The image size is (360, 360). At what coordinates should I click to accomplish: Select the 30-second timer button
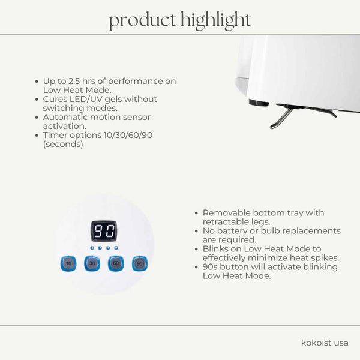point(91,263)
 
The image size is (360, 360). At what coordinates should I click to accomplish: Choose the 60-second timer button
point(115,263)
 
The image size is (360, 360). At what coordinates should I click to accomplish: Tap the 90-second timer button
point(139,263)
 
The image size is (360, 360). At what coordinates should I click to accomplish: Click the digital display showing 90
point(104,231)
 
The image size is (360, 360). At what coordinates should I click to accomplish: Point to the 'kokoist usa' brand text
point(325,343)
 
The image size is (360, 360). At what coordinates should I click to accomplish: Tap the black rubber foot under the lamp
point(259,103)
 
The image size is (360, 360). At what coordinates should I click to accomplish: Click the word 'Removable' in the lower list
point(227,213)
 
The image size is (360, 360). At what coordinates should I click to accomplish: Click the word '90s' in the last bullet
point(212,267)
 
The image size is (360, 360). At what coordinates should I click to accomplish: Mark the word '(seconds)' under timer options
point(62,144)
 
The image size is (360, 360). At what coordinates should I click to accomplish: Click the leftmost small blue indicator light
point(92,247)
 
